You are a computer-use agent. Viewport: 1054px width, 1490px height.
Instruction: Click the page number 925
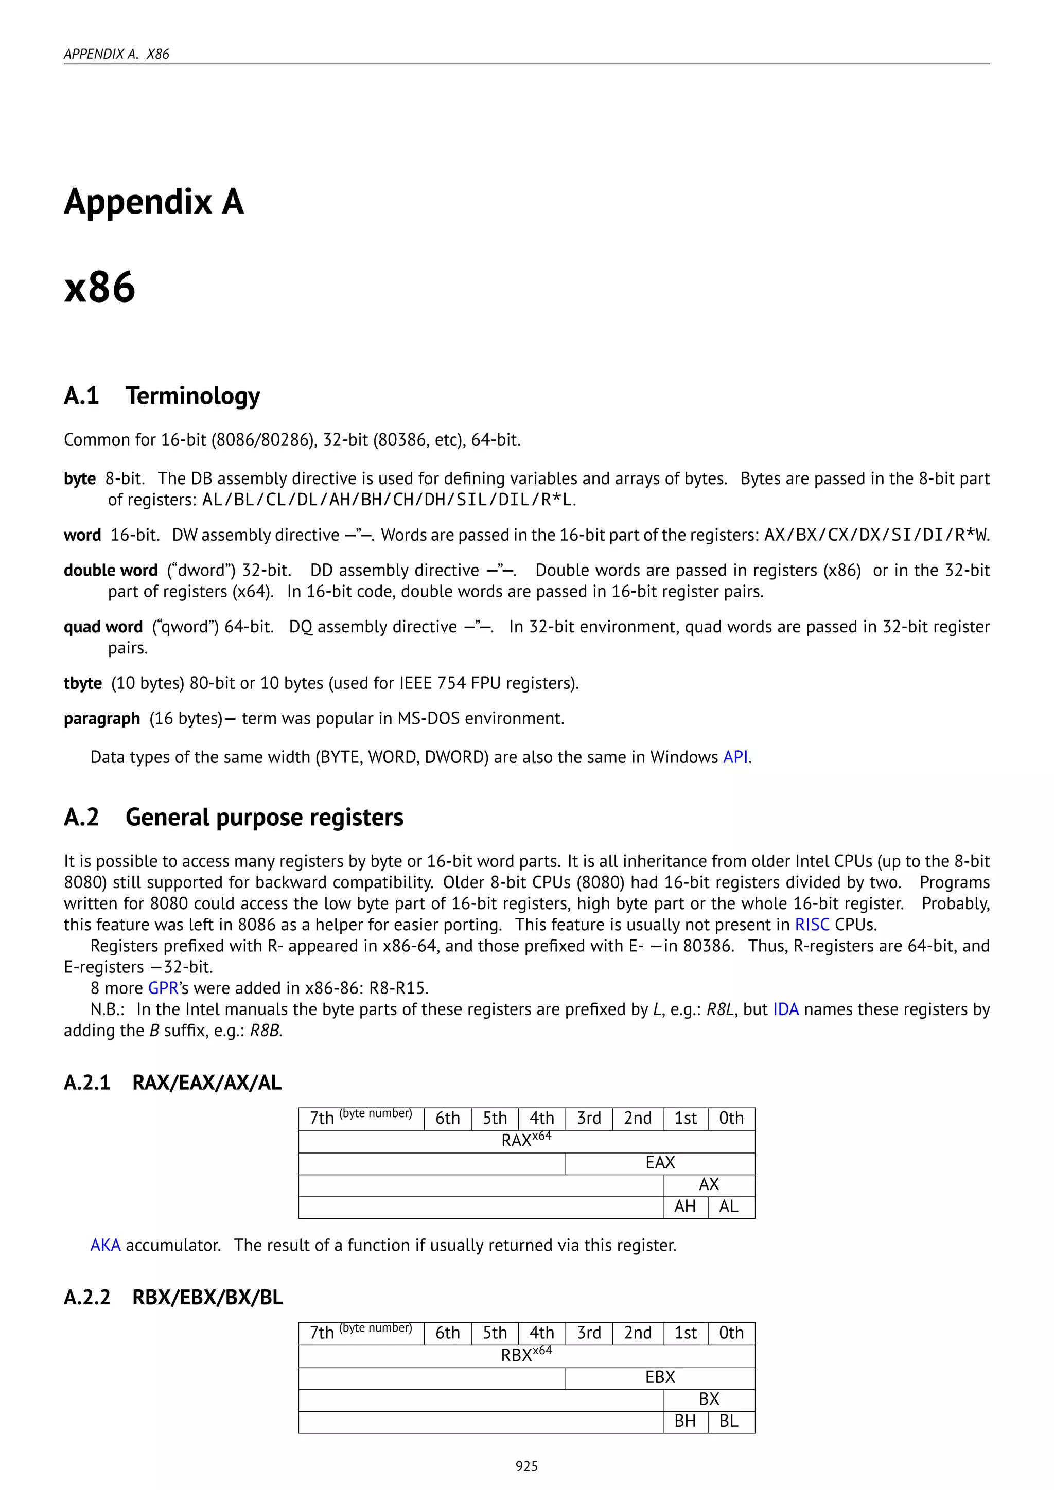coord(526,1466)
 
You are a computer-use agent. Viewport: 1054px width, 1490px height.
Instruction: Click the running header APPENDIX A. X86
coord(116,54)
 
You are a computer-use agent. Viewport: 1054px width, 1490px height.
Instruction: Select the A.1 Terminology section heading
coord(162,395)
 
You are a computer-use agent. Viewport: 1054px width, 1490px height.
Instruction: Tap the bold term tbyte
coord(82,683)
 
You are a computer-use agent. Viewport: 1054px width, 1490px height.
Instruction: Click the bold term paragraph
coord(102,718)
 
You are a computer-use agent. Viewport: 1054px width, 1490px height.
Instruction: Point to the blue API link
coord(735,757)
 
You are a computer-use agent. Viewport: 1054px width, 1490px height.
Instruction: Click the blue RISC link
coord(812,924)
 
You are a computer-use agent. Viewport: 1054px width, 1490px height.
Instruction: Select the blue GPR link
coord(163,988)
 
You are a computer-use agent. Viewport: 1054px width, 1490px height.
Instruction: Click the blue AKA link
coord(105,1245)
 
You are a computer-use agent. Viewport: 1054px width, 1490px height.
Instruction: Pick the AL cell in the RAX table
coord(729,1207)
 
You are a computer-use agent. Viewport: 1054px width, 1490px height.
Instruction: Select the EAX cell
coord(660,1162)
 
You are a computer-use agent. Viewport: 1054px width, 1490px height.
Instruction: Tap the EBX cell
coord(660,1377)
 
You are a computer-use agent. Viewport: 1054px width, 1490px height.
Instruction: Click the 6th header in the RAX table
coord(447,1118)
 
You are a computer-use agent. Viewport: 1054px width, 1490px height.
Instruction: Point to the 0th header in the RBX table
coord(731,1333)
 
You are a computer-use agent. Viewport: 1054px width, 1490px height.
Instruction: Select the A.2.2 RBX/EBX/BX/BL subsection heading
coord(173,1297)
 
